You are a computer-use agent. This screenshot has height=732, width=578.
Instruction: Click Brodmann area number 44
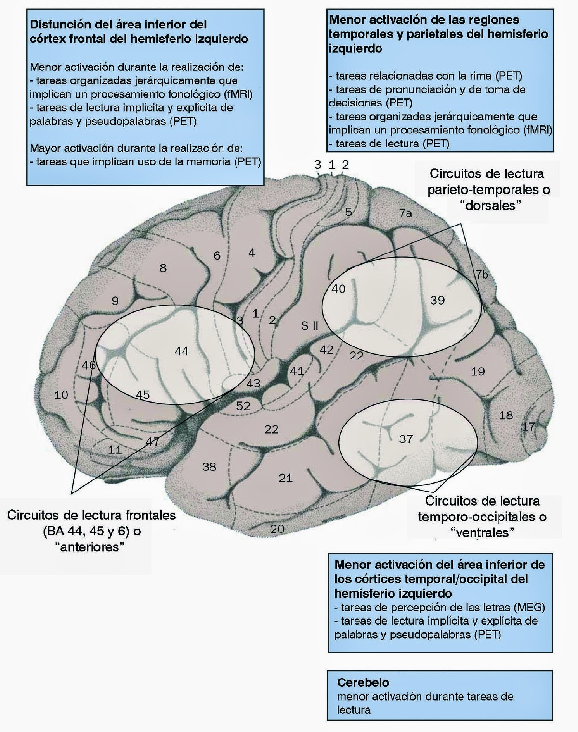181,351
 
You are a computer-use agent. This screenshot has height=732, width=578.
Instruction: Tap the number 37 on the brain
406,439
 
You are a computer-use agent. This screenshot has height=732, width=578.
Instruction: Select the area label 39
437,300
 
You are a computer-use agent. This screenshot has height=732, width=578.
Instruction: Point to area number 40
339,289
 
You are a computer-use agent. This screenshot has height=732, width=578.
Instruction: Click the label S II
310,325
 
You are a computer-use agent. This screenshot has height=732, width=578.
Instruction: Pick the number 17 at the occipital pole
528,426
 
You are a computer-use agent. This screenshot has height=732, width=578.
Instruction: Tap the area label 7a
406,213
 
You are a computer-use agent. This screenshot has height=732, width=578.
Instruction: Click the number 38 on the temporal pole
209,466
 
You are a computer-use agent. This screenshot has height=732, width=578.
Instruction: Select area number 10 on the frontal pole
61,395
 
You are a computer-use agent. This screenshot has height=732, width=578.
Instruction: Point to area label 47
152,441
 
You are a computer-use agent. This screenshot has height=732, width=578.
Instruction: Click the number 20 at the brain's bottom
277,529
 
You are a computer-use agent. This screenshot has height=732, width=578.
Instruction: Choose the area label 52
243,406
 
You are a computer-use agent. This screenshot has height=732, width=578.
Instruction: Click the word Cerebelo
363,682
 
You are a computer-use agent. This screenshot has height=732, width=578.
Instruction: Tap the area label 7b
482,275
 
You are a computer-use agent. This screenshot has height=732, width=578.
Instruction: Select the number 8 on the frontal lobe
163,267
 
